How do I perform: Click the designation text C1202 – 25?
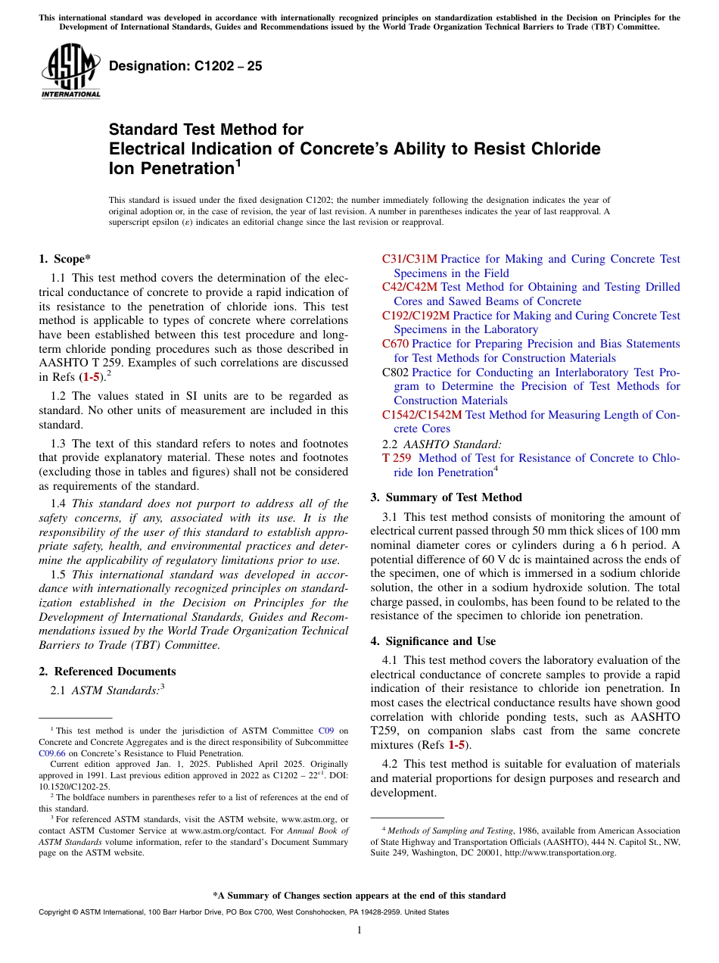coord(185,66)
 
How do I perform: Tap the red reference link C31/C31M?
coord(409,259)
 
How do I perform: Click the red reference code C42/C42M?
coord(409,287)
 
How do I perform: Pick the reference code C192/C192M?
coord(416,316)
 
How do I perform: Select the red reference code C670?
coord(395,344)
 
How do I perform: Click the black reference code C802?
coord(395,372)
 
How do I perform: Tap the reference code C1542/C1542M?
coord(422,415)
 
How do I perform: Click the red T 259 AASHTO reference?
coord(397,458)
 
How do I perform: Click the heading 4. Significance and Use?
coord(433,641)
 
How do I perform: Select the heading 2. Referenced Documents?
coord(107,672)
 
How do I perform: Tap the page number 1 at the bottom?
coord(359,930)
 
